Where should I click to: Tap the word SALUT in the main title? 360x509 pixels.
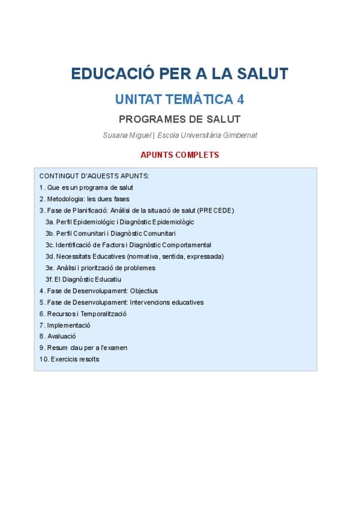[x=260, y=74]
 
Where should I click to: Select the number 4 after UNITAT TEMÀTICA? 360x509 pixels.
[x=241, y=99]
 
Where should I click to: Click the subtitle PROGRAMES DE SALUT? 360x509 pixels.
[x=179, y=119]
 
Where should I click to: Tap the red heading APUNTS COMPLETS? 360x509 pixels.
[x=179, y=155]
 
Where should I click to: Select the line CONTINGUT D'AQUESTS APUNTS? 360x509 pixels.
[x=94, y=176]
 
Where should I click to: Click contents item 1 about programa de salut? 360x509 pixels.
[x=86, y=188]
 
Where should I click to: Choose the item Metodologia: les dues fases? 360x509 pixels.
[x=85, y=199]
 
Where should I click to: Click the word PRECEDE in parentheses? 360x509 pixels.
[x=215, y=211]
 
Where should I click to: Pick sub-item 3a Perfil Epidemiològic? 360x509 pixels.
[x=120, y=222]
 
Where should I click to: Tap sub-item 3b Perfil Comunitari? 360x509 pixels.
[x=110, y=233]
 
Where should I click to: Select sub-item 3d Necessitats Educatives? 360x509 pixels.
[x=134, y=256]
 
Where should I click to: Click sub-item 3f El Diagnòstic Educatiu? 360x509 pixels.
[x=83, y=279]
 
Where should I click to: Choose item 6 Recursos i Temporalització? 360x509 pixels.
[x=83, y=313]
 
